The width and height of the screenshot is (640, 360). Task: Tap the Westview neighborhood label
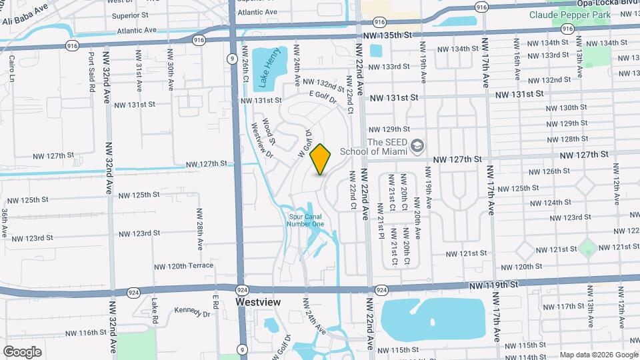coord(259,302)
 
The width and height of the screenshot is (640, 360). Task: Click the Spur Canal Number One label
coord(306,220)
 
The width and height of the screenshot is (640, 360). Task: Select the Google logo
coord(22,351)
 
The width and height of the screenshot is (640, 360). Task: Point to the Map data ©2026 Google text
coord(597,355)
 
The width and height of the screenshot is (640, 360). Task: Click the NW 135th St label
coord(398,34)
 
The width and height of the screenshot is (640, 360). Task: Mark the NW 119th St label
coord(493,285)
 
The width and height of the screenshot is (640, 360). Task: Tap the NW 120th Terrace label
coord(177,266)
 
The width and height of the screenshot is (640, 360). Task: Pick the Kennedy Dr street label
coord(191,311)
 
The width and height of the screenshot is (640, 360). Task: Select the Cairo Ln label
coord(12,68)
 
